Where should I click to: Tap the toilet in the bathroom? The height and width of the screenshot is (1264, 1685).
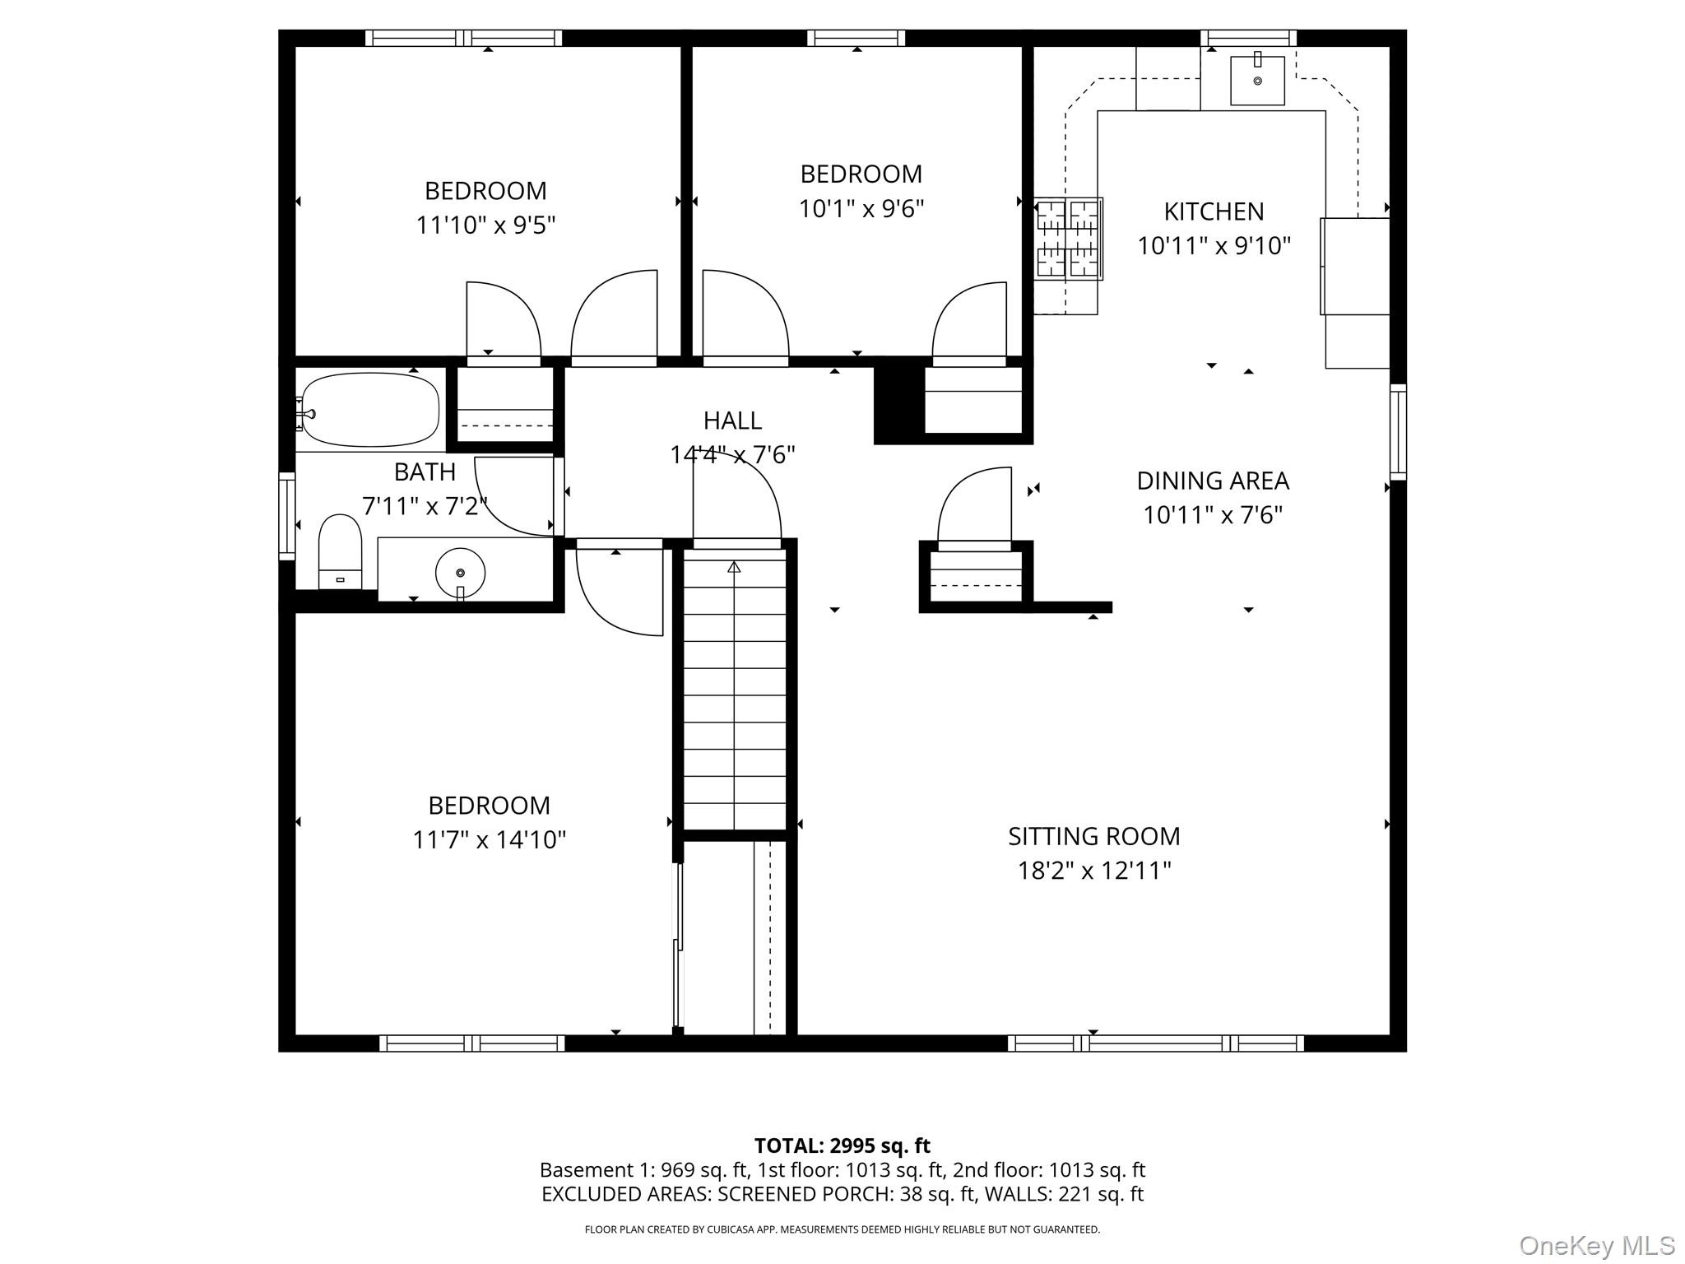pyautogui.click(x=340, y=551)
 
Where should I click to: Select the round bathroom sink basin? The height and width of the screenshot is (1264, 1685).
pyautogui.click(x=460, y=572)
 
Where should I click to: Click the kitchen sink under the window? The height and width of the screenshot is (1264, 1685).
pyautogui.click(x=1257, y=80)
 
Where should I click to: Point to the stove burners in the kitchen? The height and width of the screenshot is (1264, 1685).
pyautogui.click(x=1068, y=239)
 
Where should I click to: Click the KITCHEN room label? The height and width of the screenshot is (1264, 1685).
pyautogui.click(x=1214, y=211)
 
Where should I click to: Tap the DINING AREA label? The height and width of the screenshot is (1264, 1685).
pyautogui.click(x=1213, y=481)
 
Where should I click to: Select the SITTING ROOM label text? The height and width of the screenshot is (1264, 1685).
pyautogui.click(x=1094, y=836)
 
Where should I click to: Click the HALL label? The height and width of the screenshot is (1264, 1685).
pyautogui.click(x=732, y=421)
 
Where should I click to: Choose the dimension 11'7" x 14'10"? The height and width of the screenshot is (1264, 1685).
pyautogui.click(x=490, y=839)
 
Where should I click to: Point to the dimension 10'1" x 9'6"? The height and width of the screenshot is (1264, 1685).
pyautogui.click(x=861, y=208)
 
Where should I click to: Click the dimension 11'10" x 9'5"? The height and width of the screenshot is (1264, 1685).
pyautogui.click(x=485, y=225)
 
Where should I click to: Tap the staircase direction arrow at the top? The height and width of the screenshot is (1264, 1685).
pyautogui.click(x=734, y=567)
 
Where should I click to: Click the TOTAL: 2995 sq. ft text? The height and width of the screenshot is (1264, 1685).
pyautogui.click(x=842, y=1145)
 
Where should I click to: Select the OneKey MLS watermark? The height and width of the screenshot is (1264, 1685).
pyautogui.click(x=1597, y=1246)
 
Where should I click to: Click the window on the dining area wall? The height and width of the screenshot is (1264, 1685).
pyautogui.click(x=1398, y=431)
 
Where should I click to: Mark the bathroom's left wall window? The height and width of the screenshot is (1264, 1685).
pyautogui.click(x=287, y=515)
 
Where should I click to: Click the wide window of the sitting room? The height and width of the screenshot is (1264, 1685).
pyautogui.click(x=1155, y=1043)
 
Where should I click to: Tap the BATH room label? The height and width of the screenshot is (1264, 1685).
pyautogui.click(x=425, y=472)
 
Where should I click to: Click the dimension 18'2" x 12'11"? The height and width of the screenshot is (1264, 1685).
pyautogui.click(x=1094, y=871)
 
